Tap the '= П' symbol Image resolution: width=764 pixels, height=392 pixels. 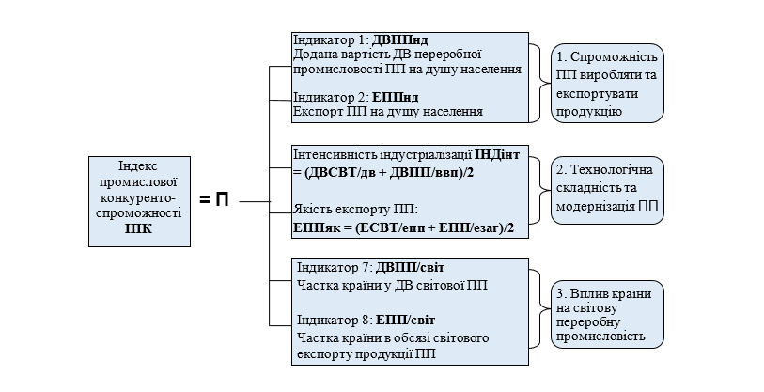pos(214,199)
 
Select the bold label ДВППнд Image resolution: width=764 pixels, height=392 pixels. pos(400,41)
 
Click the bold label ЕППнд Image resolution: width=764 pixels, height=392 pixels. pos(395,97)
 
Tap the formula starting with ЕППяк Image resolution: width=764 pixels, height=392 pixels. pos(405,227)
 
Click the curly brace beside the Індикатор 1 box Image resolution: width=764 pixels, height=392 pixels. pos(538,83)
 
